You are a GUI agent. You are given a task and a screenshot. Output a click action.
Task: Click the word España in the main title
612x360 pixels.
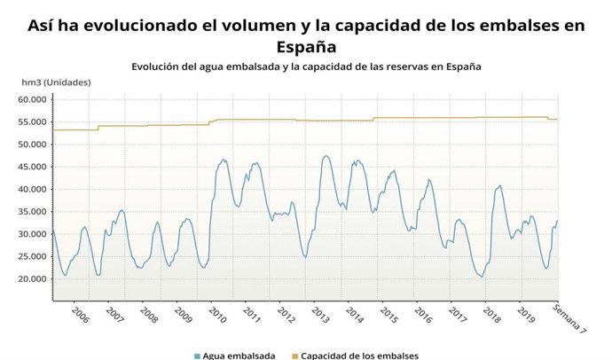click(306, 46)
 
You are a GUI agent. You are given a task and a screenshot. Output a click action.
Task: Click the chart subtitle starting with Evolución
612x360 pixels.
click(306, 67)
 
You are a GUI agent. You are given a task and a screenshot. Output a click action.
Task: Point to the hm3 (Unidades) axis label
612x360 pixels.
click(56, 82)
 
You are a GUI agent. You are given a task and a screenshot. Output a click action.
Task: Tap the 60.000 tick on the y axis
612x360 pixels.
click(32, 99)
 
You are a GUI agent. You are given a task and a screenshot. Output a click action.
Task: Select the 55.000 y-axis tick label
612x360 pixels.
click(32, 121)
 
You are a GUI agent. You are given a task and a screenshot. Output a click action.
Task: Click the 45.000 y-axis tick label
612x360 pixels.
click(32, 167)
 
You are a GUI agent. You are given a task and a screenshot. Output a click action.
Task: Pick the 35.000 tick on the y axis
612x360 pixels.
click(32, 212)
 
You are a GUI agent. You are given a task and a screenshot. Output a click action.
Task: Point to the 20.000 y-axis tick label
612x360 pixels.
click(32, 279)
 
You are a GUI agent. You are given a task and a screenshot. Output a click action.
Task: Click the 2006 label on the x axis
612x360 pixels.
click(80, 316)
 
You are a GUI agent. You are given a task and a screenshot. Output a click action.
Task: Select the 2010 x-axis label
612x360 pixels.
click(217, 316)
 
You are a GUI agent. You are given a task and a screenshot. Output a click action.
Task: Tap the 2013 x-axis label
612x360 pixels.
click(320, 316)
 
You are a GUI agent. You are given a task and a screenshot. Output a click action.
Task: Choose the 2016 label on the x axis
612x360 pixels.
click(423, 316)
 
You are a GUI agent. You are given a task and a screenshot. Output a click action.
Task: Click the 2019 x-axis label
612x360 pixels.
click(526, 316)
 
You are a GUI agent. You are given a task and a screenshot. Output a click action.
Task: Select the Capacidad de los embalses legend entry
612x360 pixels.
click(355, 356)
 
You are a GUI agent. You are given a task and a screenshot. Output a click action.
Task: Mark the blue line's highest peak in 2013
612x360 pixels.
click(326, 156)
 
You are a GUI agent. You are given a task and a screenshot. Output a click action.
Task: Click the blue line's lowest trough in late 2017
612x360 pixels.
click(482, 277)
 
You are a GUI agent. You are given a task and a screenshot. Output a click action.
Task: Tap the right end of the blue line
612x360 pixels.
click(558, 221)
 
